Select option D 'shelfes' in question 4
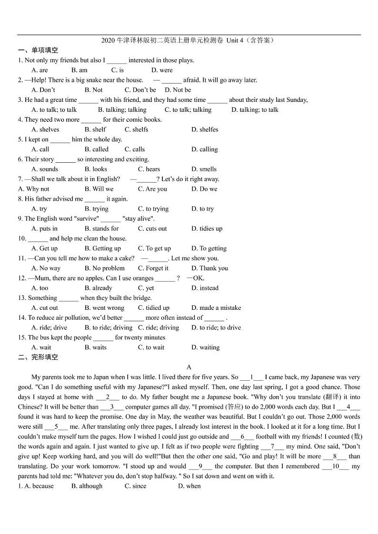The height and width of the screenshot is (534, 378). [205, 129]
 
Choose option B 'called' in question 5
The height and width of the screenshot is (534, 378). [97, 149]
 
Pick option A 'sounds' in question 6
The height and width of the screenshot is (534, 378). [45, 169]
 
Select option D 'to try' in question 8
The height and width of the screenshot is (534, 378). [203, 209]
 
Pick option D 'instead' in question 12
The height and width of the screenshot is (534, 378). [205, 288]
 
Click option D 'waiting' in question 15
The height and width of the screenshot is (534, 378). [206, 347]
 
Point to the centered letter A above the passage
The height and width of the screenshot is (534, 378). [189, 367]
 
